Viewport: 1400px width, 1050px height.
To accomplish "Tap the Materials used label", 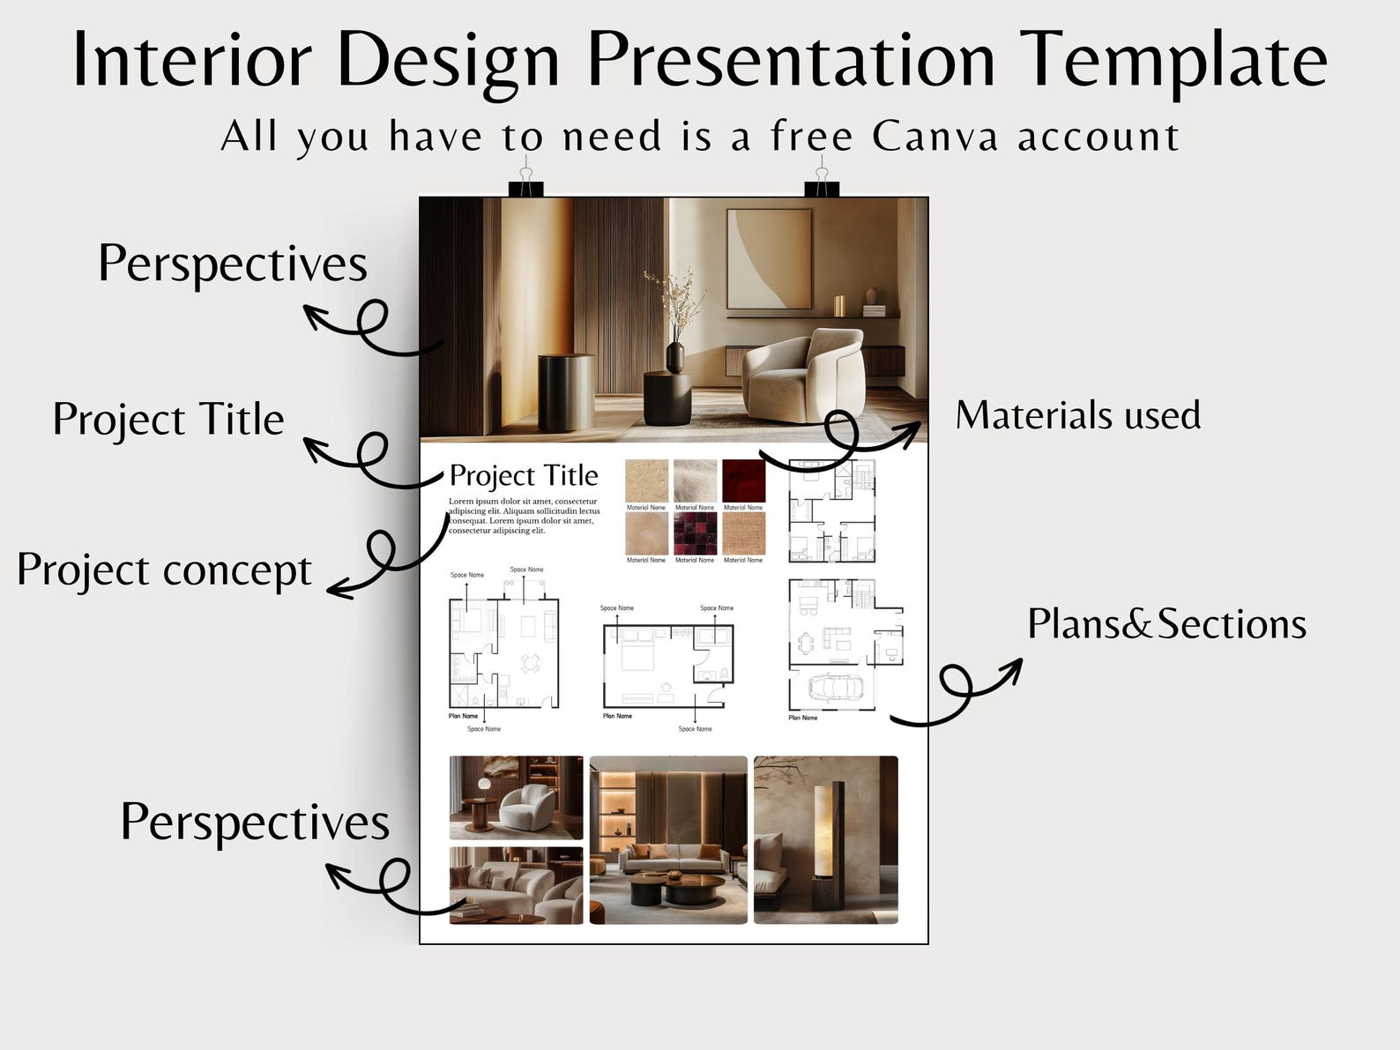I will pos(1077,415).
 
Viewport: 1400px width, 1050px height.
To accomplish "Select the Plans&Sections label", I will pos(1166,624).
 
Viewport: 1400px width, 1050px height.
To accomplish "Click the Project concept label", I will pos(164,570).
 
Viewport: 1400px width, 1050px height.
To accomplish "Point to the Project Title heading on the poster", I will pos(524,476).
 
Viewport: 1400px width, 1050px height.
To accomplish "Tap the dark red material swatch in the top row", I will pos(743,480).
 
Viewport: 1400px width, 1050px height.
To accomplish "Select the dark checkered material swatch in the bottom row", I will pos(695,533).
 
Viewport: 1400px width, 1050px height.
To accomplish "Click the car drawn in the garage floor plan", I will pos(833,688).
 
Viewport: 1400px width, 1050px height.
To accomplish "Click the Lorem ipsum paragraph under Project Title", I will pos(524,516).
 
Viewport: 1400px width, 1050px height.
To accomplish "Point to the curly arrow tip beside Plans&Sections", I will pos(1018,661).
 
